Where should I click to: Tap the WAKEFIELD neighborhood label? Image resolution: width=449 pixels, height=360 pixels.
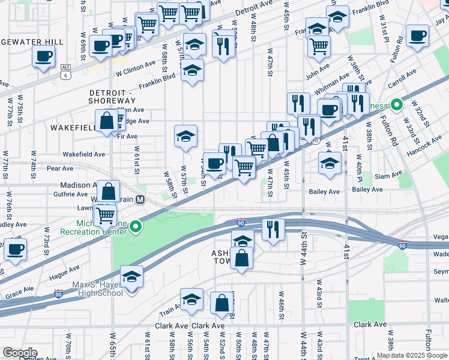point(74,128)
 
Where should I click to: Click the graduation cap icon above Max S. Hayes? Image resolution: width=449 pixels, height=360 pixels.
point(131,277)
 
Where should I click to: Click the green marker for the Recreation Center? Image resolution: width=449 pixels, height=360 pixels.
point(137,227)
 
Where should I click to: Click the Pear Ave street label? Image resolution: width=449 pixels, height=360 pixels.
point(59,169)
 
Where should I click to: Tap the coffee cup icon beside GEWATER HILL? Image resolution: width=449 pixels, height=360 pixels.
point(43,57)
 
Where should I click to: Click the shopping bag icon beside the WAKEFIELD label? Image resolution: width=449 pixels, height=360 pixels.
point(106,121)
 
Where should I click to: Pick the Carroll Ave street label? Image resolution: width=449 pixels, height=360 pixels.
point(403,77)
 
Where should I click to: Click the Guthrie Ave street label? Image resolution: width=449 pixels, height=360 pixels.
point(71,194)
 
